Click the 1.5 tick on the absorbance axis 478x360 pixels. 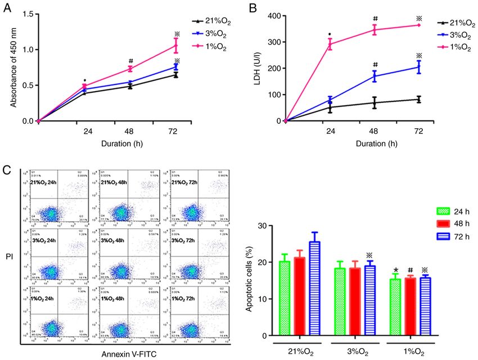25,13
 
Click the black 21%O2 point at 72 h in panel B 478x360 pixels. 418,100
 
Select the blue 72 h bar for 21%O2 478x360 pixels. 313,289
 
